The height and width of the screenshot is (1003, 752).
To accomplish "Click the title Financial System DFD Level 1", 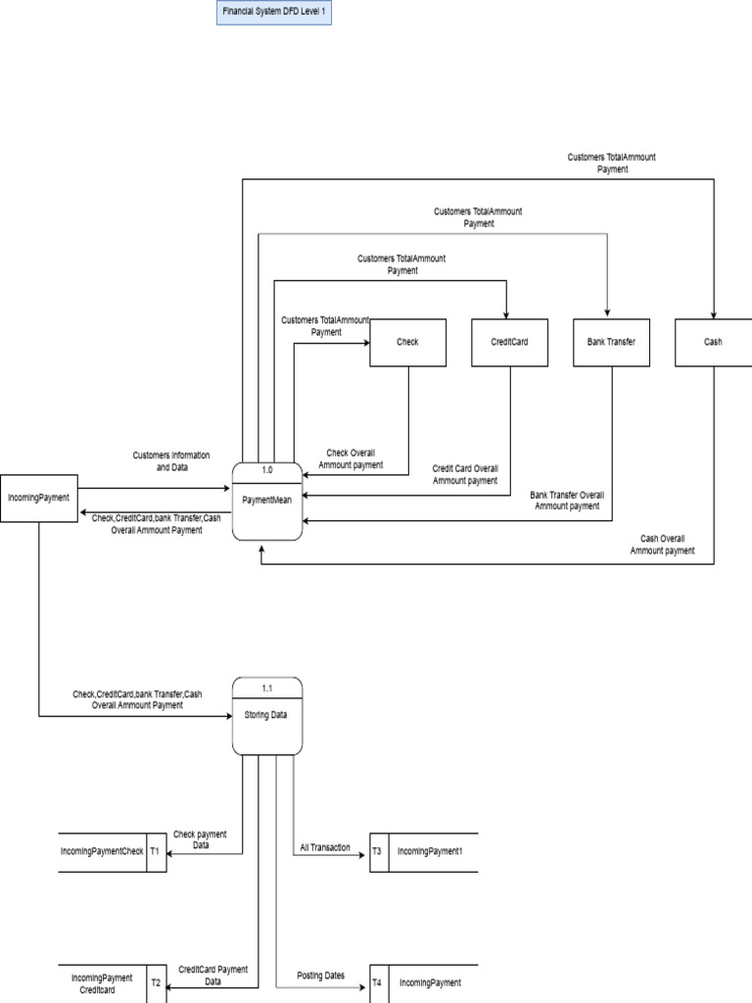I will tap(273, 13).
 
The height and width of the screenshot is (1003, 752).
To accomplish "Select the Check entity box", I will tap(407, 343).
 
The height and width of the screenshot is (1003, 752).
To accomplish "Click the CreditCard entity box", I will tap(509, 343).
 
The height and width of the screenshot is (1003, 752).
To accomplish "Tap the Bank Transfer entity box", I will tap(611, 343).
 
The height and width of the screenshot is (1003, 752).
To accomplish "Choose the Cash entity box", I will tap(714, 343).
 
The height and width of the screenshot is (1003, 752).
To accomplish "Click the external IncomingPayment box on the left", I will tap(39, 498).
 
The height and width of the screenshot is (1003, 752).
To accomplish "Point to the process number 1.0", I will tap(266, 470).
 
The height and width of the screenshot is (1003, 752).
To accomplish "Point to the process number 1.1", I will tap(266, 687).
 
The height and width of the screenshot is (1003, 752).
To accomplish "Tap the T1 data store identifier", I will tap(155, 852).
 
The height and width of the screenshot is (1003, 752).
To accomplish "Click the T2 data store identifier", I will tap(155, 982).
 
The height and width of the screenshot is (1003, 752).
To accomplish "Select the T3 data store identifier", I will tap(377, 852).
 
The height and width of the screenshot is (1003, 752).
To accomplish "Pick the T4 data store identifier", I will tap(377, 982).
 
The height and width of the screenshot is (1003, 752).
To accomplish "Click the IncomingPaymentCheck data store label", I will tap(102, 852).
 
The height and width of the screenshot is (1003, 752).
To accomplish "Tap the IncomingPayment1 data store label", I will tap(430, 852).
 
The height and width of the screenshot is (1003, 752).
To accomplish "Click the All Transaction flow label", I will tap(325, 847).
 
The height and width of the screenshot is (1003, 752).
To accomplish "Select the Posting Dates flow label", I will tap(321, 976).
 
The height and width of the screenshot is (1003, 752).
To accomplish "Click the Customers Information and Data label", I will tap(170, 461).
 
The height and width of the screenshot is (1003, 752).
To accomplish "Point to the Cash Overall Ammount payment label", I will tap(663, 545).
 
